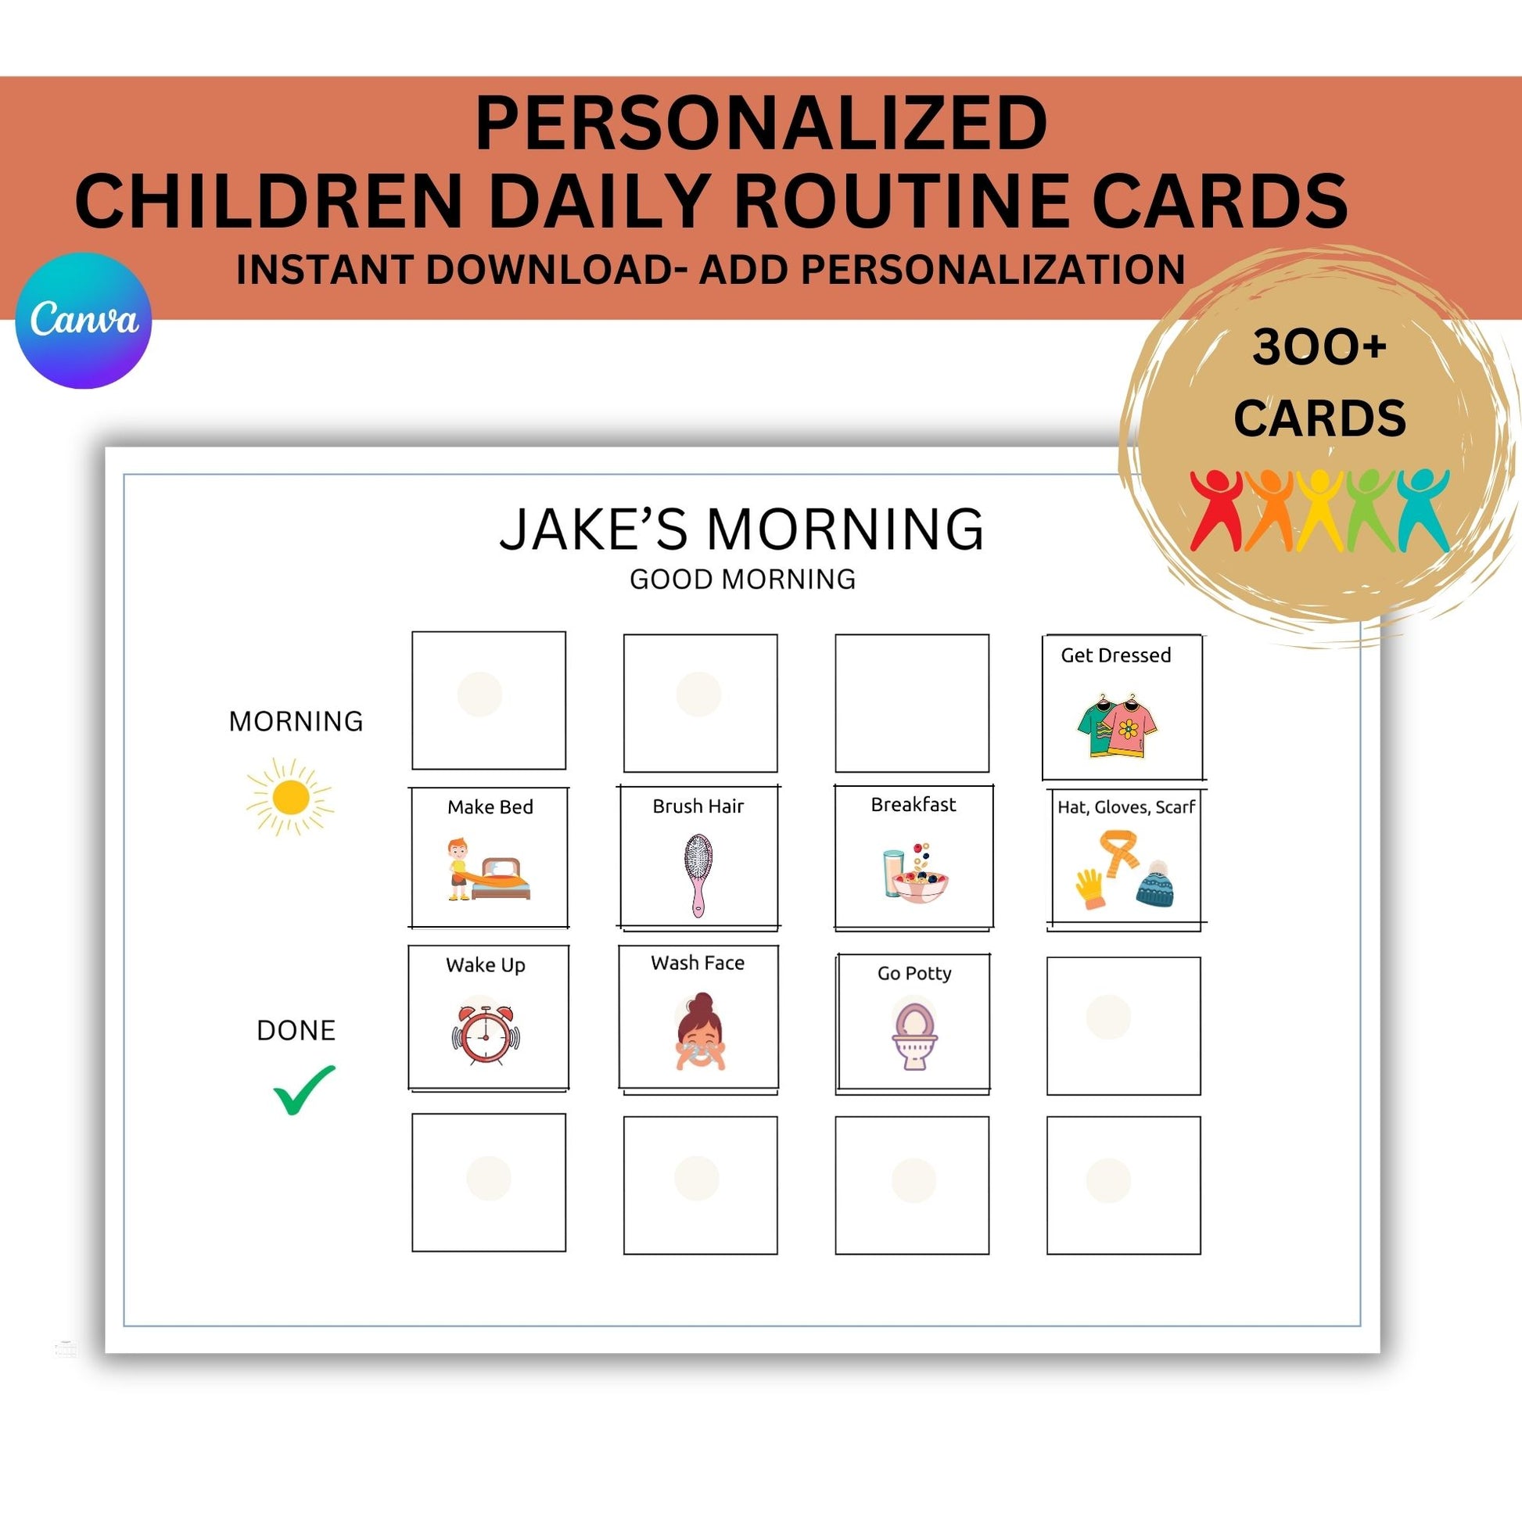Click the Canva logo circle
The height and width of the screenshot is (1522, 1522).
[x=84, y=320]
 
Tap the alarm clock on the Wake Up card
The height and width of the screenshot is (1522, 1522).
[x=485, y=1035]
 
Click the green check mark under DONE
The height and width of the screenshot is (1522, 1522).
[x=304, y=1089]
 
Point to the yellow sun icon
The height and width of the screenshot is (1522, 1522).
[x=289, y=797]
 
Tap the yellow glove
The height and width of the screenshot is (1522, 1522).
[x=1089, y=888]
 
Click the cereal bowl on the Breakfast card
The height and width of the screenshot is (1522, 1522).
[x=920, y=883]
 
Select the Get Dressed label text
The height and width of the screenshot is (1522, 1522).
[x=1115, y=655]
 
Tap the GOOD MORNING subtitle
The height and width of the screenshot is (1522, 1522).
[x=742, y=579]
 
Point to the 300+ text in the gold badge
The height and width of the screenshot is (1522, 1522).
[x=1319, y=346]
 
